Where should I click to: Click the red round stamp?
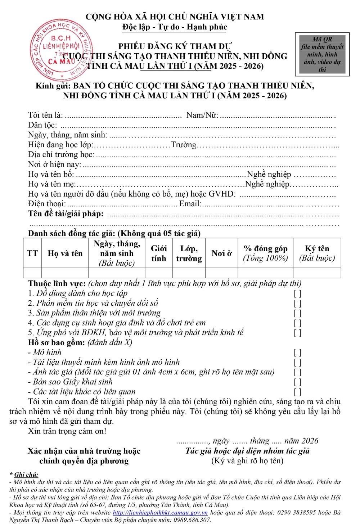point(61,50)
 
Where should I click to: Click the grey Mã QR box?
point(322,54)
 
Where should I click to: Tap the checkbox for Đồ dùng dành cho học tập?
point(297,293)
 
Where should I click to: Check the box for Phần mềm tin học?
point(297,303)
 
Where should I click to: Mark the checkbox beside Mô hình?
point(297,352)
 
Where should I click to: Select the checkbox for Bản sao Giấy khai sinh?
point(297,382)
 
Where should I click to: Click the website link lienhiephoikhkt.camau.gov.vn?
point(160,512)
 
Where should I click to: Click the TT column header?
point(32,253)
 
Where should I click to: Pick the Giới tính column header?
point(159,253)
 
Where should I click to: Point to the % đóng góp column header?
point(266,253)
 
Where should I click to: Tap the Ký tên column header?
point(317,253)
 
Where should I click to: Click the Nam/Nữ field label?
point(202,115)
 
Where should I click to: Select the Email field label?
point(190,204)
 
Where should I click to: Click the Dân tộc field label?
point(42,125)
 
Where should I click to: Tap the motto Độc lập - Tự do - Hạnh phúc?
point(175,27)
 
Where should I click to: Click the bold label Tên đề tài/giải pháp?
point(66,214)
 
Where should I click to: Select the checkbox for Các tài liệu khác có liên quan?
point(297,392)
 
